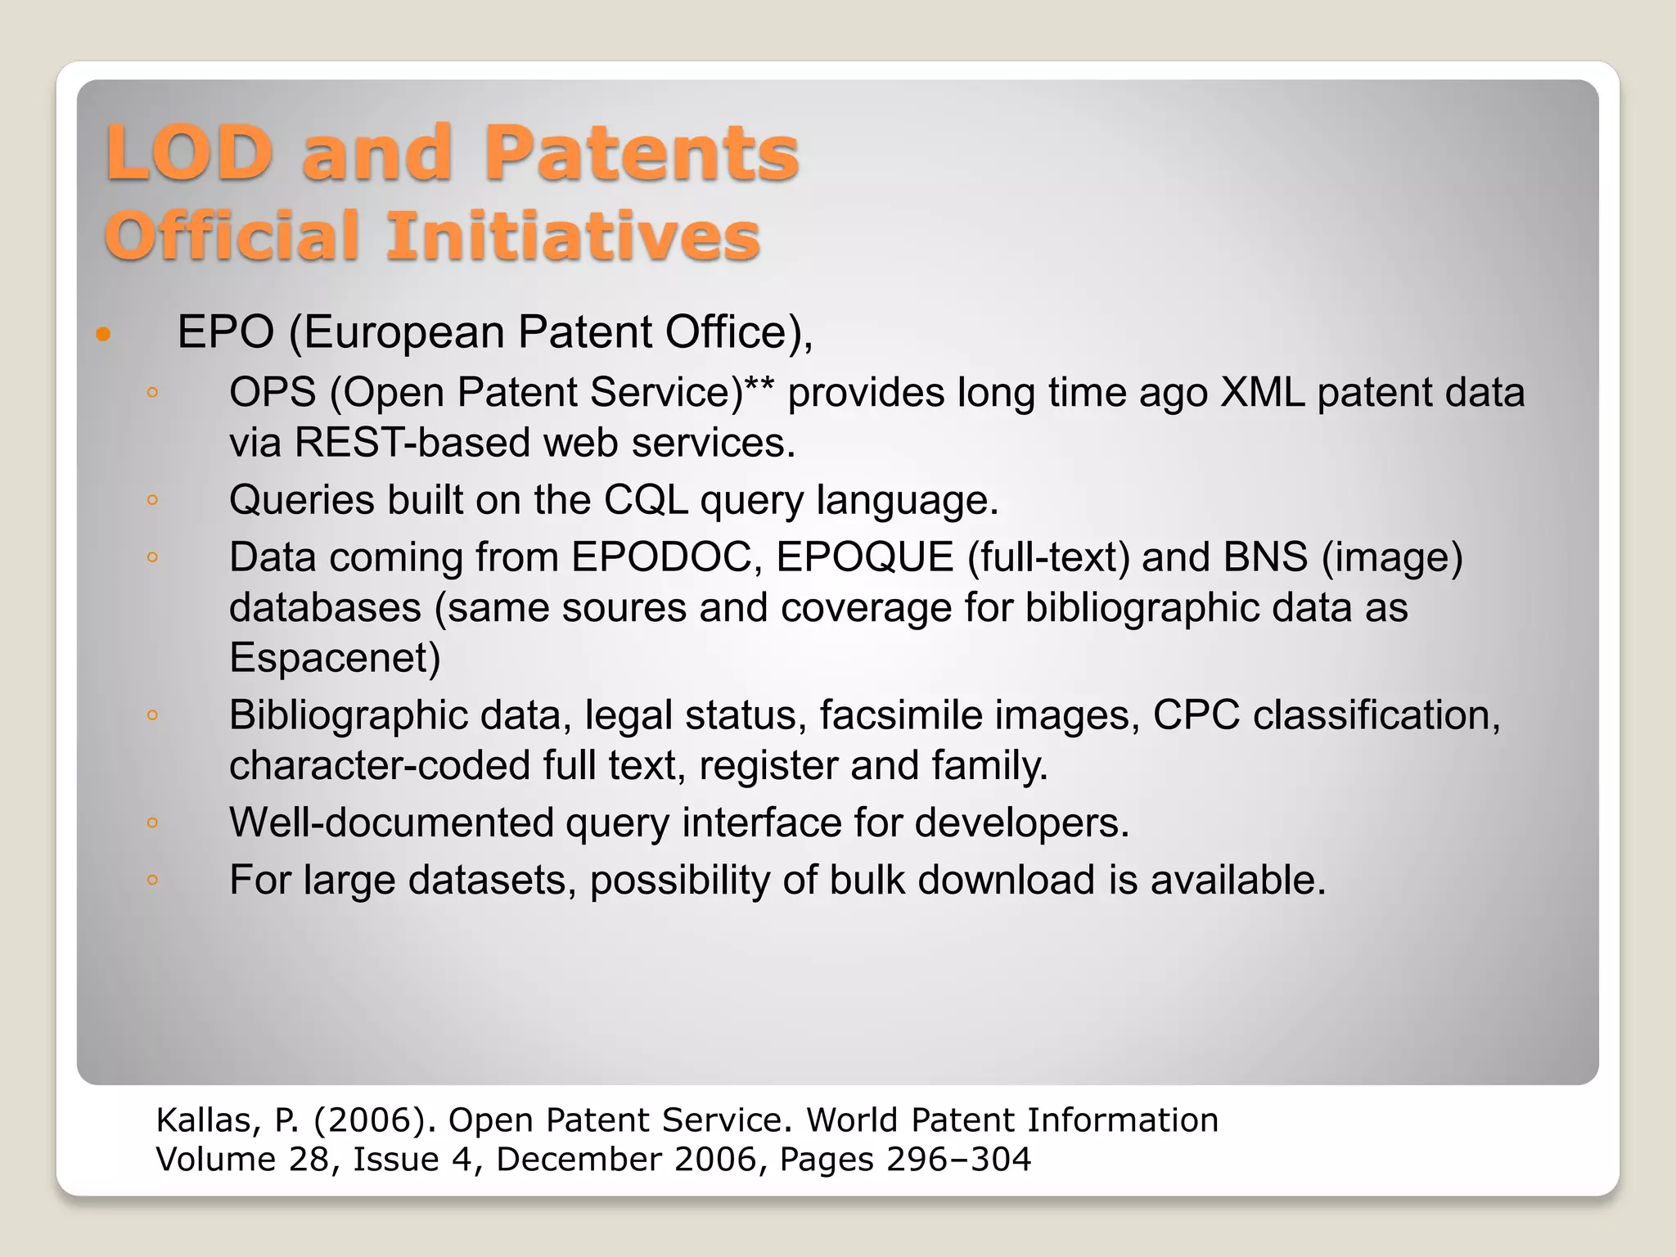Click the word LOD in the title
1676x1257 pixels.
click(188, 153)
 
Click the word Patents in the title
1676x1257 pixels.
click(641, 153)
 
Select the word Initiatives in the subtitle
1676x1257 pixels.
click(573, 237)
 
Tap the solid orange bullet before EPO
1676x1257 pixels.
click(103, 334)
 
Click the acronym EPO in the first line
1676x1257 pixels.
click(225, 332)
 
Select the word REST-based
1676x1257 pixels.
click(412, 443)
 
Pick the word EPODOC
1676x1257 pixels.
click(666, 557)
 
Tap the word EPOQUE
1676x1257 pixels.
click(865, 557)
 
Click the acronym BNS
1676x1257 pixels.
click(1265, 557)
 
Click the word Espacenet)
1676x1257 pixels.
click(335, 658)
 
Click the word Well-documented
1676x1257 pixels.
click(391, 822)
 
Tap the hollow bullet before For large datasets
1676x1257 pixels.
click(152, 881)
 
